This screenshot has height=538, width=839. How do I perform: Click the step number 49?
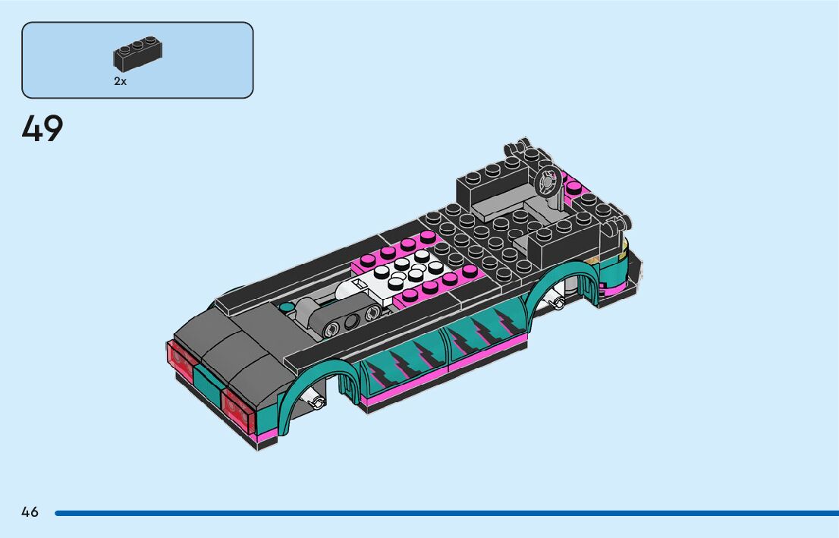[x=42, y=128]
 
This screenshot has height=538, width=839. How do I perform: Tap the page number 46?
[x=30, y=512]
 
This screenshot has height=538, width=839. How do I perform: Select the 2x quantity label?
[x=121, y=81]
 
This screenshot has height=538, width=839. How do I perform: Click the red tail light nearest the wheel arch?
[x=239, y=410]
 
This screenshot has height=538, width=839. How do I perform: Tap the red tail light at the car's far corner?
[x=181, y=360]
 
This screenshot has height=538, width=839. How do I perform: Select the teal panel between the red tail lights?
[x=209, y=381]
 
